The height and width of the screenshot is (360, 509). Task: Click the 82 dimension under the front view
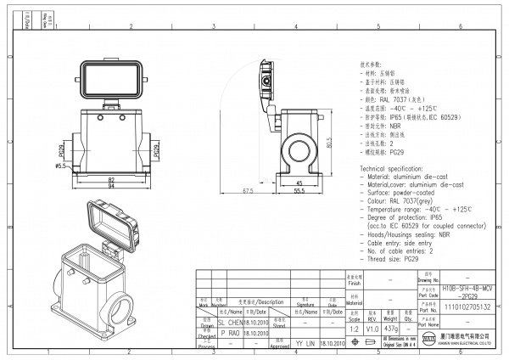110,179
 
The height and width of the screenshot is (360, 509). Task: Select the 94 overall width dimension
110,187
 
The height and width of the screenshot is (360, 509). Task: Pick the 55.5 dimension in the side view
299,193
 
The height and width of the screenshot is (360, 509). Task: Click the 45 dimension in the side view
299,183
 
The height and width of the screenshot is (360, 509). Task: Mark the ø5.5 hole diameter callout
61,166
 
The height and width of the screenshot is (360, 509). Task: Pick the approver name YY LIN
304,345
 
